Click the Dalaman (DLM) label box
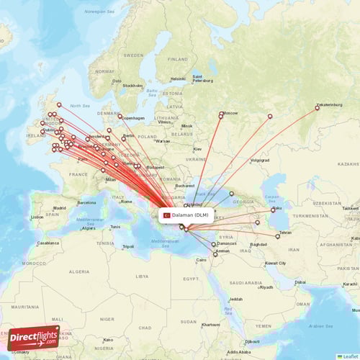[186, 215]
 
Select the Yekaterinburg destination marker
[317, 109]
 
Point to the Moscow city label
[230, 113]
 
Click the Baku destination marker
[273, 210]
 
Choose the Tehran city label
[286, 233]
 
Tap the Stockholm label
[132, 86]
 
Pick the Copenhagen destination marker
[120, 117]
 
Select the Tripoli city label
[128, 246]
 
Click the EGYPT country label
[191, 279]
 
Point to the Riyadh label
[266, 287]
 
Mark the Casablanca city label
[48, 243]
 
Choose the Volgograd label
[260, 160]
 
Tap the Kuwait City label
[275, 263]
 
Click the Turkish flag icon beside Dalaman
[166, 215]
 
